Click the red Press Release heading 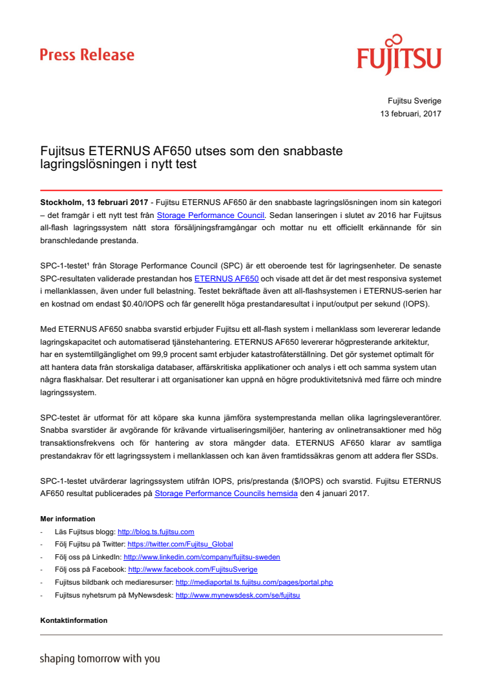[x=87, y=55]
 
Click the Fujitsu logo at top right [x=399, y=56]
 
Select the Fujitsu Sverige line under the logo [x=414, y=101]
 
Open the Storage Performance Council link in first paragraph [x=211, y=215]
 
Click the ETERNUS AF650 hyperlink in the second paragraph [x=226, y=279]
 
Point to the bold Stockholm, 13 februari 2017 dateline [x=94, y=202]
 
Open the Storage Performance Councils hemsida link [x=226, y=493]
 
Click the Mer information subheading [x=68, y=519]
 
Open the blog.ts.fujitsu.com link [x=156, y=532]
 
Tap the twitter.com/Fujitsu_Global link [x=180, y=545]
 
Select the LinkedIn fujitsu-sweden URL [x=202, y=557]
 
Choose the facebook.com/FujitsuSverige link [x=193, y=570]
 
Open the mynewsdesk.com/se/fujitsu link [x=238, y=595]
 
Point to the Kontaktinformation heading [x=74, y=620]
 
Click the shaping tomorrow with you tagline [x=100, y=659]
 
